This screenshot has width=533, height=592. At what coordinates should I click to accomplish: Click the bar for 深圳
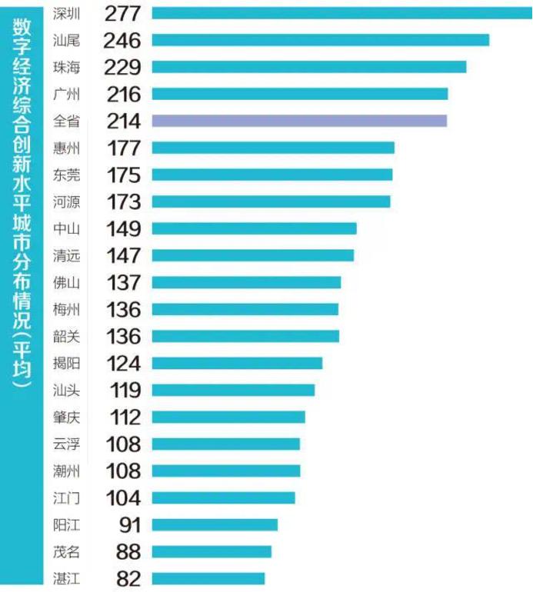(338, 12)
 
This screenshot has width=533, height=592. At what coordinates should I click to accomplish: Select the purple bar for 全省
(299, 121)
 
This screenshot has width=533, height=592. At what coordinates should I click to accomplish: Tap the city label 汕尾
(67, 40)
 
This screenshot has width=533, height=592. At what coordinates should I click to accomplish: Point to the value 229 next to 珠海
(122, 67)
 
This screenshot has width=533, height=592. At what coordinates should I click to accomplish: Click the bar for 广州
(300, 94)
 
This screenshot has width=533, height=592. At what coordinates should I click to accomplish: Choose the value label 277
(122, 13)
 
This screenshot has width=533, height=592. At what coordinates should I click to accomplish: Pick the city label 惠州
(67, 148)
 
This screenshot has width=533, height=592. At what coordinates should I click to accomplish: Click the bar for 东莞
(272, 175)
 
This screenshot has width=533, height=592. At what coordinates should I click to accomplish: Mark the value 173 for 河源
(122, 201)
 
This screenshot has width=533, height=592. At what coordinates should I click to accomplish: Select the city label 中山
(67, 228)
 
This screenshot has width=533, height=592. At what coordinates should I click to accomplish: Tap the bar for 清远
(253, 255)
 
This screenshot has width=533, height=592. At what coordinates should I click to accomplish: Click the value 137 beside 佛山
(122, 282)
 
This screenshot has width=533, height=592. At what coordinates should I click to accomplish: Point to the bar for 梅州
(245, 309)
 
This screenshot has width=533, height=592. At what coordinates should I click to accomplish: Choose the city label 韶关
(67, 336)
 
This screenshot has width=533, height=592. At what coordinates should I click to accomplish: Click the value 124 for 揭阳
(122, 363)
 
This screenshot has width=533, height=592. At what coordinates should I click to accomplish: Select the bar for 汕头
(233, 390)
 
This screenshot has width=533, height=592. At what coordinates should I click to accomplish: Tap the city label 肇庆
(67, 417)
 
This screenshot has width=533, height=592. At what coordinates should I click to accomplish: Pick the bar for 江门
(224, 497)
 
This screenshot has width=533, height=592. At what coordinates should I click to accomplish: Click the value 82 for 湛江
(127, 578)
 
